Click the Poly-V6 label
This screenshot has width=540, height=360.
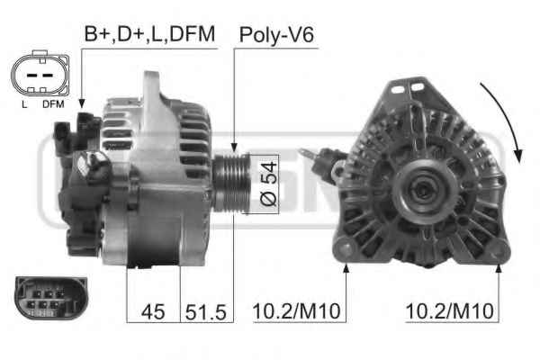(x=276, y=35)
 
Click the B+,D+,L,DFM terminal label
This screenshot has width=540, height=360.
(x=149, y=34)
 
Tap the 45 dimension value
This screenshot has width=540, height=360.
(x=153, y=311)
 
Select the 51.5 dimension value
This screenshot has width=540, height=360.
(x=206, y=312)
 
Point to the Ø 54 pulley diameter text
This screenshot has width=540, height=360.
(x=268, y=184)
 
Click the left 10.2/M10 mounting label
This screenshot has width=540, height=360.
(x=296, y=311)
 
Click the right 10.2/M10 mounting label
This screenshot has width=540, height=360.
(x=450, y=311)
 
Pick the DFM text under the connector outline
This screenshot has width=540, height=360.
(x=53, y=104)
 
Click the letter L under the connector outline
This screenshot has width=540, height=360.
(x=24, y=104)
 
